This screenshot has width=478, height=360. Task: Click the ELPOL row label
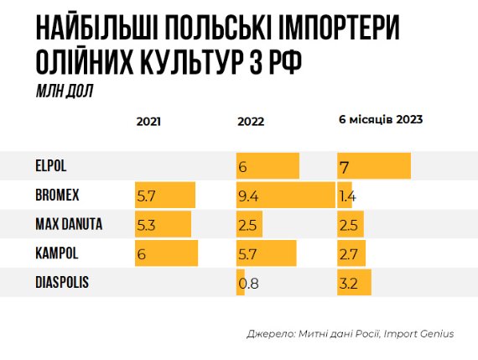coord(50,167)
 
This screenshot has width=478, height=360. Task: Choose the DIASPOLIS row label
coord(61,282)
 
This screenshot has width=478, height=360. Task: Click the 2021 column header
coord(148,121)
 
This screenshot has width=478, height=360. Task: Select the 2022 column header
coord(251,121)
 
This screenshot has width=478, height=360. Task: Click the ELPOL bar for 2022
coord(268,167)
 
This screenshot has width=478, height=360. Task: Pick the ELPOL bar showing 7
coord(373,167)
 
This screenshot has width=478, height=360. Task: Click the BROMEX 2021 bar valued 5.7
coord(165,196)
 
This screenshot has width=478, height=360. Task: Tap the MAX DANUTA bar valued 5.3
coord(163,224)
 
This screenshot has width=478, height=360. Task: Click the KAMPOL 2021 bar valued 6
coord(166,253)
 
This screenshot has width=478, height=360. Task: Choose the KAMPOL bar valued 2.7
coord(351,253)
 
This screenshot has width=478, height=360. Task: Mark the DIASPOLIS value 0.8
coord(248,283)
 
